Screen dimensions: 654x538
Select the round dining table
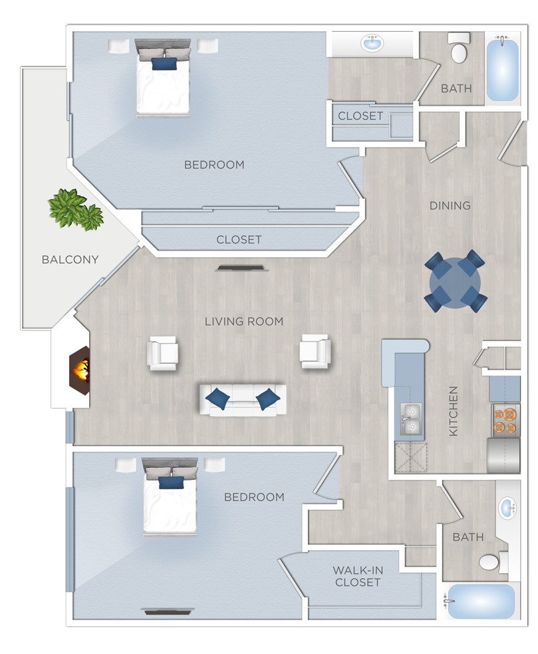[x=456, y=281]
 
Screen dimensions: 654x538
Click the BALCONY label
[x=70, y=259]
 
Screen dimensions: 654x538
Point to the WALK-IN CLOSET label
[x=358, y=576]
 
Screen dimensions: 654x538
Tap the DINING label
[x=450, y=205]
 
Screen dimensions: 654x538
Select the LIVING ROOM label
[x=243, y=321]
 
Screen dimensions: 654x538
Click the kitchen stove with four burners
[x=505, y=421]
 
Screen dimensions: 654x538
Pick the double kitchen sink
[x=410, y=419]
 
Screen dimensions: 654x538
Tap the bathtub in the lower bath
[x=480, y=601]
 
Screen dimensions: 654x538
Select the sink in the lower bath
[x=508, y=509]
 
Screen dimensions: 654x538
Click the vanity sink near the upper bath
[x=372, y=45]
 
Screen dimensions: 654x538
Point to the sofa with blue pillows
[x=243, y=399]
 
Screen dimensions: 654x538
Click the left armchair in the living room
[x=163, y=353]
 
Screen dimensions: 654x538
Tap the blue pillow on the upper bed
[x=164, y=64]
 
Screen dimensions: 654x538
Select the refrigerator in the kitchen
[x=503, y=455]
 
